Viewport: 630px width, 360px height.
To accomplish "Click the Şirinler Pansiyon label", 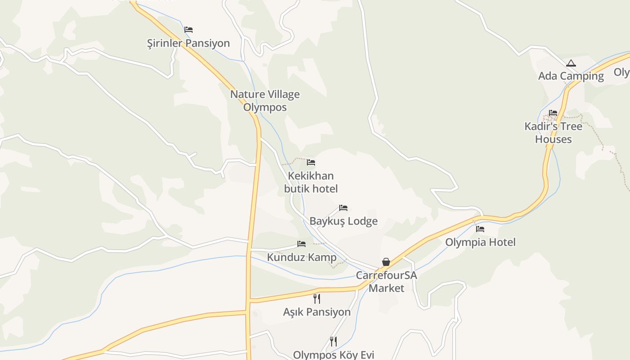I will coord(189,43).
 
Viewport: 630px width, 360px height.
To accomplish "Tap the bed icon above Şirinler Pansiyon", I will coord(189,30).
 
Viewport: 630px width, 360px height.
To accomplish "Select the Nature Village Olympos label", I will coord(265,101).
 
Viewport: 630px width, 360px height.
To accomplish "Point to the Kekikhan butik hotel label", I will coord(311,182).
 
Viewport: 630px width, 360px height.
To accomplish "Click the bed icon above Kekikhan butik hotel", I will coord(311,162).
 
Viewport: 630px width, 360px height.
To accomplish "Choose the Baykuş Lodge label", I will coord(343,221).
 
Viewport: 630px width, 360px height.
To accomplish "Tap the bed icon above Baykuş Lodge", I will coord(343,208).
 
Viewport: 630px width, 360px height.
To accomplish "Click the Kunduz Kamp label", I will coord(301,257).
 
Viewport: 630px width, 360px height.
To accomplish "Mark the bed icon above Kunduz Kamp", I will coord(301,244).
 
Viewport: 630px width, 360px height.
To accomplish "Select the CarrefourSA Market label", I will coord(387,281).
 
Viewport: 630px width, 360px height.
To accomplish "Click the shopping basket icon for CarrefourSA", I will coord(386,262).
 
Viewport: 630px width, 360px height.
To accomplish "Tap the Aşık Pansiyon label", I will coord(317,312).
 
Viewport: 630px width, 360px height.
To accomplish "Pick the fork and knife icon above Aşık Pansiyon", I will coord(317,298).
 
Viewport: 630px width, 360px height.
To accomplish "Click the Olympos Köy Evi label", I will coord(333,355).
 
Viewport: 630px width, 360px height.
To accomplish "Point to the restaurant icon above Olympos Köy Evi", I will coord(333,341).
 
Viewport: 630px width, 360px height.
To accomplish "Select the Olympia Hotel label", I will coord(480,242).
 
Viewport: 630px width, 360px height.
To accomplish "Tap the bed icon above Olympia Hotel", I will coord(480,229).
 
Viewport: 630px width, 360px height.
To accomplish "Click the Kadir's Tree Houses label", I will coord(553,133).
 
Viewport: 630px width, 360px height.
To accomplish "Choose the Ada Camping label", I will coord(571,76).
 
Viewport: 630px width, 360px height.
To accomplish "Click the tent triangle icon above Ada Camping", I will coord(571,63).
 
